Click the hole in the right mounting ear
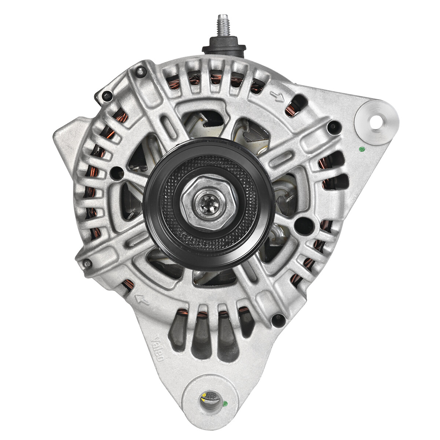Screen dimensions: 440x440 [x=376, y=121]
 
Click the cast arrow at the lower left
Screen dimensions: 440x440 [x=142, y=300]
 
